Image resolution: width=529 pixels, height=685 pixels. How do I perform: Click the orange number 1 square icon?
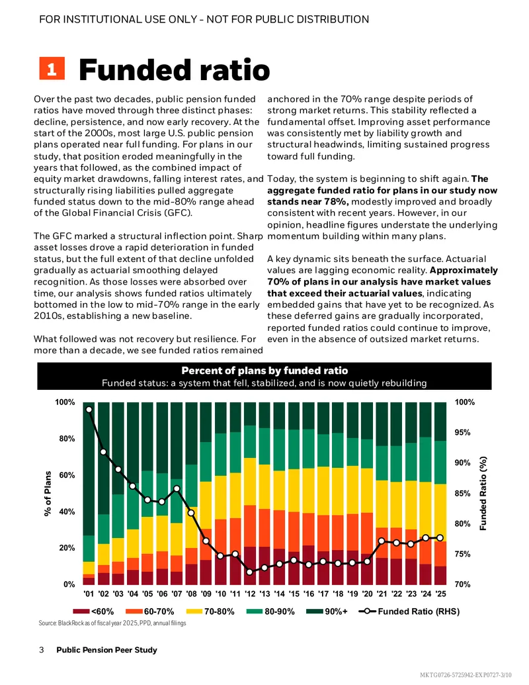(52, 68)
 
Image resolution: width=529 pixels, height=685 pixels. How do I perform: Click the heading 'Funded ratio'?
(174, 69)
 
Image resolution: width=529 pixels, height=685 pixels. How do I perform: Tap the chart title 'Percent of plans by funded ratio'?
(264, 371)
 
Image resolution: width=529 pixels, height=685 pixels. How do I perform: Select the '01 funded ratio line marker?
(89, 409)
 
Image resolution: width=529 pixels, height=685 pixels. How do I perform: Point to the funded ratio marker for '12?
(250, 572)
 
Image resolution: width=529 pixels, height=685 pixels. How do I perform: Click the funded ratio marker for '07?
(177, 489)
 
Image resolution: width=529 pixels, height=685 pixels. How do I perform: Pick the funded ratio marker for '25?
(440, 538)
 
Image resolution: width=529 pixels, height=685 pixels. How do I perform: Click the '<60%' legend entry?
(93, 611)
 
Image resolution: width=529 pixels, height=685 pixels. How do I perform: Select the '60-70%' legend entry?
(149, 611)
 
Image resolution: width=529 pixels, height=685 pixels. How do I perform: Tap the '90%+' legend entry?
(327, 611)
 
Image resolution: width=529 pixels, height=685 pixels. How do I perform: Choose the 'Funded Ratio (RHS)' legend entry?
(409, 611)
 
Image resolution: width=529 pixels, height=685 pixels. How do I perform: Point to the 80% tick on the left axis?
(67, 439)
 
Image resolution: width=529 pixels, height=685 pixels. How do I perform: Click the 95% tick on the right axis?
(463, 432)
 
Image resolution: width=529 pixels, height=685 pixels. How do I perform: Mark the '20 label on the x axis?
(367, 594)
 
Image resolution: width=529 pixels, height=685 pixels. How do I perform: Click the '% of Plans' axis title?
(48, 493)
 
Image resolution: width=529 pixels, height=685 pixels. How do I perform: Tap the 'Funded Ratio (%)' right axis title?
(483, 493)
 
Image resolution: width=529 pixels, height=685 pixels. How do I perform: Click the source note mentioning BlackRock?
(112, 623)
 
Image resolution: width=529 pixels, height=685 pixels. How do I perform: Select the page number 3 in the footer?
(42, 650)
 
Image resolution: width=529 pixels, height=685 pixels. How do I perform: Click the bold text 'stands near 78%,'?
(307, 201)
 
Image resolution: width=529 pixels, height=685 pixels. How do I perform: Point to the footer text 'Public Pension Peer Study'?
(106, 650)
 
